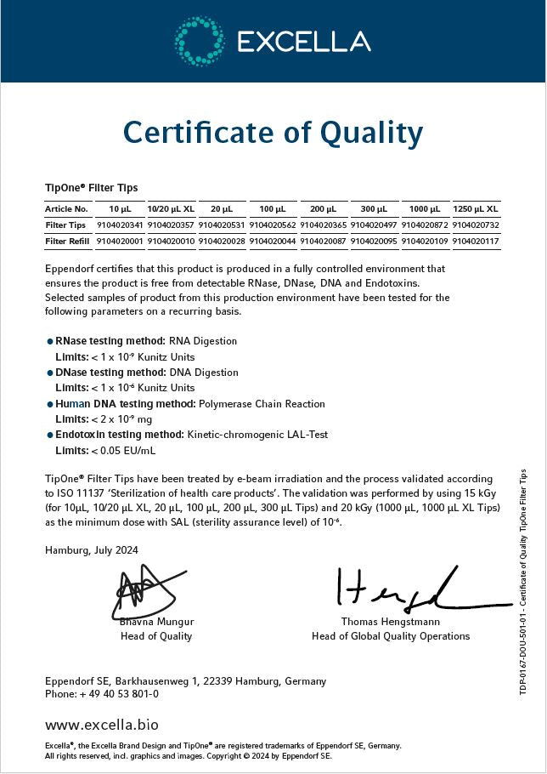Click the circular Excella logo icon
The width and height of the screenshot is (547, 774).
click(x=200, y=41)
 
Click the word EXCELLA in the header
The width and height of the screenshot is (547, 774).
click(x=303, y=42)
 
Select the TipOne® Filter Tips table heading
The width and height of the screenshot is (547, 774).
click(x=91, y=188)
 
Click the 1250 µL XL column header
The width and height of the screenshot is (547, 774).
click(x=476, y=208)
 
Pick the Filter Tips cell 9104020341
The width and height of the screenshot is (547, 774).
click(x=120, y=225)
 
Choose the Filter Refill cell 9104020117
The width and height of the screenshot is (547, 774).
click(x=476, y=242)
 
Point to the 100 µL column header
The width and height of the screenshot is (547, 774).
click(x=273, y=208)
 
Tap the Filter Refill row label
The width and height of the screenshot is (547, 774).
click(x=67, y=242)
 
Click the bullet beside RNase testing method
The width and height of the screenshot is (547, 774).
click(x=50, y=341)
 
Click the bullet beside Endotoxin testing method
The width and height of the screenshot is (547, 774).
click(x=50, y=435)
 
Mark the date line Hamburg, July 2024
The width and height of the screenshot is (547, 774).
click(x=91, y=550)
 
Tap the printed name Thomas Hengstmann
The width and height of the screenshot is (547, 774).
click(x=390, y=622)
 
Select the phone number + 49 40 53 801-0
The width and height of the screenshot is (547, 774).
click(x=119, y=694)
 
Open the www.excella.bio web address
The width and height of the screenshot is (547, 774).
click(x=101, y=726)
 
